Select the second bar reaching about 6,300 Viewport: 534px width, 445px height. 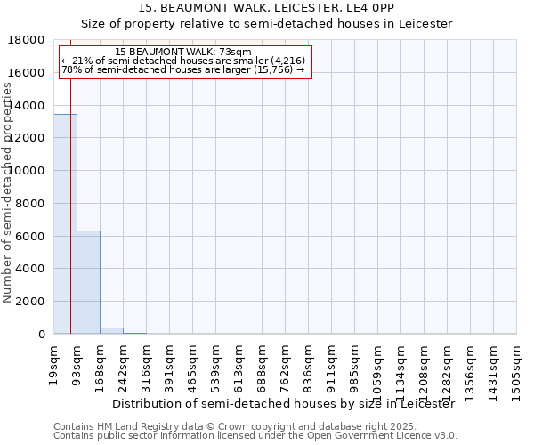[x=88, y=282]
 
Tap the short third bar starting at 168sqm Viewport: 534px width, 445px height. [x=111, y=331]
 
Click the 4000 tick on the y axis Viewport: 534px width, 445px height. [x=31, y=269]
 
